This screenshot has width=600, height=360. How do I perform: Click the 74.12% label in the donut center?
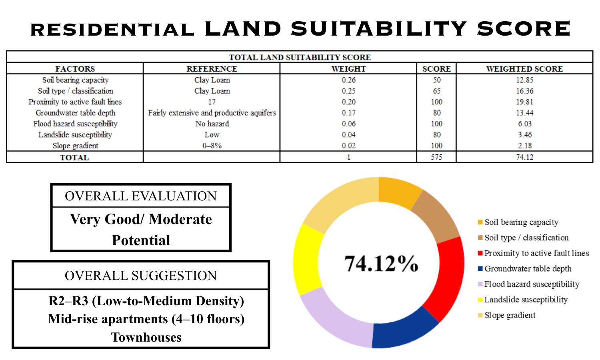pos(381,264)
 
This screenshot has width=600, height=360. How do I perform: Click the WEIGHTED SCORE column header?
pos(524,69)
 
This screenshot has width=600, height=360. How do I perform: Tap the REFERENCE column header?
pos(212,69)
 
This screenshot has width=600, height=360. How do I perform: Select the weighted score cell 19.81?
pos(524,102)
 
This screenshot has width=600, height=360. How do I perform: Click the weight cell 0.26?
pos(348,80)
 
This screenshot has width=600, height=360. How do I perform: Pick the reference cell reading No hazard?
pos(212,124)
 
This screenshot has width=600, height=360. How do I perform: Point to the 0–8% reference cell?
pos(212,146)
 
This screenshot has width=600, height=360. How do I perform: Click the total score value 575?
pos(436,157)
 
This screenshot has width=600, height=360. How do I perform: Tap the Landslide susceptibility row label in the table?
pos(75,135)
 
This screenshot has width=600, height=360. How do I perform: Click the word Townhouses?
pos(146,337)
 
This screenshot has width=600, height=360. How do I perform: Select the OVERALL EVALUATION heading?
pos(140,196)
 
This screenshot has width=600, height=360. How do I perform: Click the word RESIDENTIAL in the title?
pos(112,30)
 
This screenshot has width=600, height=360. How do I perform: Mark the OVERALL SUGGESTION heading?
pos(140,276)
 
